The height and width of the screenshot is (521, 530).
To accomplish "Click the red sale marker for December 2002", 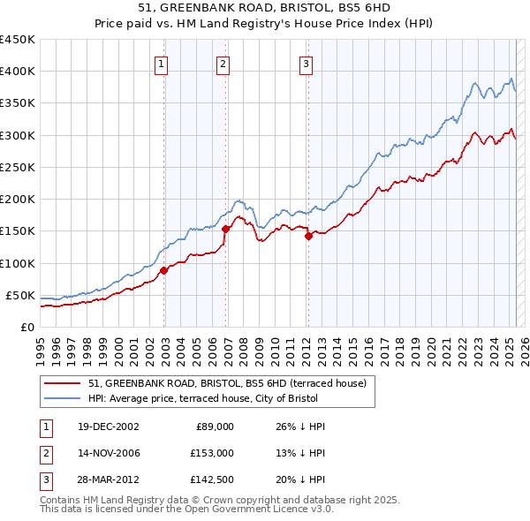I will [164, 270].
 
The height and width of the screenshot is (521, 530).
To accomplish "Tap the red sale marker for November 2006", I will [225, 229].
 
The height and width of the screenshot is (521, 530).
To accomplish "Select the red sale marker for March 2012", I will [308, 236].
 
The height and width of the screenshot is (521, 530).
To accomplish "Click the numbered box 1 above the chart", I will [163, 64].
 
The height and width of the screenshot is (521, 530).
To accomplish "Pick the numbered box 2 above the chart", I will [223, 64].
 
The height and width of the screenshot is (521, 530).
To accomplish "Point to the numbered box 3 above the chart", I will [305, 64].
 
